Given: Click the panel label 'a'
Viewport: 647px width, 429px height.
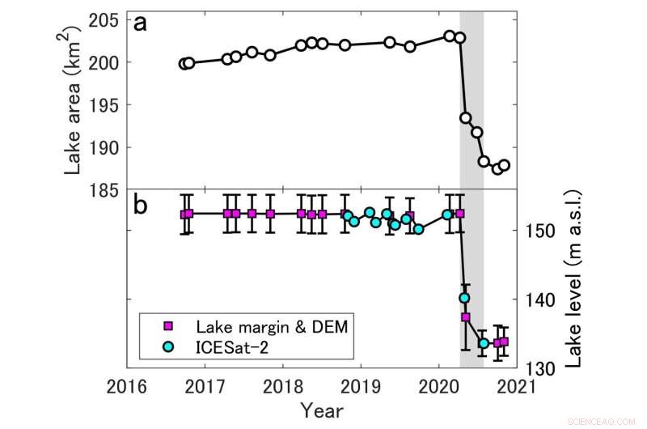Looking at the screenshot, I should (x=140, y=24).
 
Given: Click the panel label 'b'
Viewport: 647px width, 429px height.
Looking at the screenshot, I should (x=140, y=205).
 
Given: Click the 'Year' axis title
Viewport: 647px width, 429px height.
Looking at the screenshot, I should (x=322, y=410).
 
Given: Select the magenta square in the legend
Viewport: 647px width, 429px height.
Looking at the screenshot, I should (x=168, y=326).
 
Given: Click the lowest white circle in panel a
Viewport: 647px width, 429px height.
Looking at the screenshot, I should (x=497, y=168).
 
